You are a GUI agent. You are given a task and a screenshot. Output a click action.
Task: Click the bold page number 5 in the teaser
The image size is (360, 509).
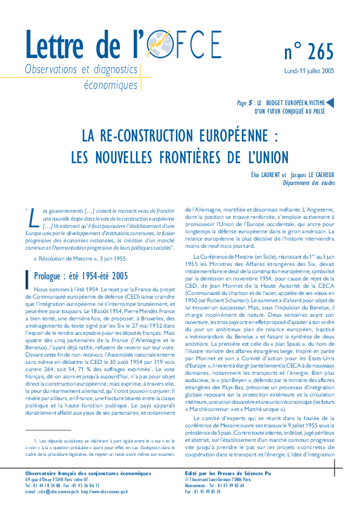(x=250, y=103)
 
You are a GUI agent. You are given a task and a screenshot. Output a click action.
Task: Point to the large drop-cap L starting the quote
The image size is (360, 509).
(x=29, y=216)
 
